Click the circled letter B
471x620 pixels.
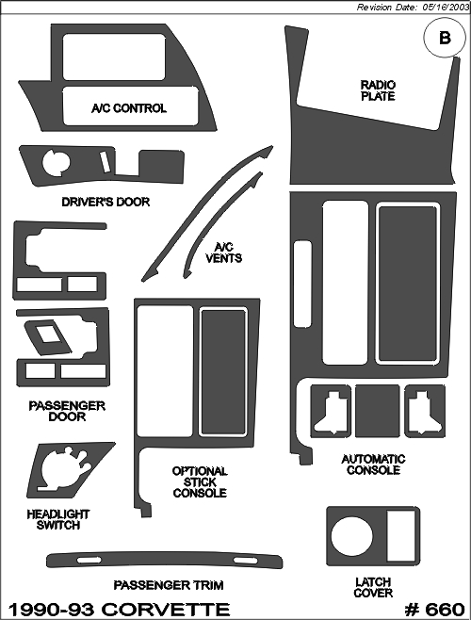coord(445,39)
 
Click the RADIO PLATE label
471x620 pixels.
coord(378,90)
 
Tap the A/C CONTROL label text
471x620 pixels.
coord(129,108)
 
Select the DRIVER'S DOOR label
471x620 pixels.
coord(106,202)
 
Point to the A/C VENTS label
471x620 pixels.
coord(224,253)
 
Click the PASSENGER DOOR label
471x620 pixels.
coord(67,411)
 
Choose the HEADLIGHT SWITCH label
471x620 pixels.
coord(58,519)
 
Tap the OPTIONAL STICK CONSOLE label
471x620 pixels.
coord(200,482)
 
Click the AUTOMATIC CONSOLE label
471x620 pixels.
coord(373,465)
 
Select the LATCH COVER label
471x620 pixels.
coord(373,588)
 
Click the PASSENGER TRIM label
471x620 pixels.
coord(169,585)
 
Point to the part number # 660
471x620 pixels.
coord(434,610)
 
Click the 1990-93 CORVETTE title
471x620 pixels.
coord(119,610)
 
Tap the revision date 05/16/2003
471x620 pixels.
coord(447,8)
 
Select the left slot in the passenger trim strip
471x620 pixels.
coord(89,561)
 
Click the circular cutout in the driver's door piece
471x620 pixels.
coord(56,162)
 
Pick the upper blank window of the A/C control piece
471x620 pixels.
coord(114,57)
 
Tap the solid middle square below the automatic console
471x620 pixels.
coord(378,411)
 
